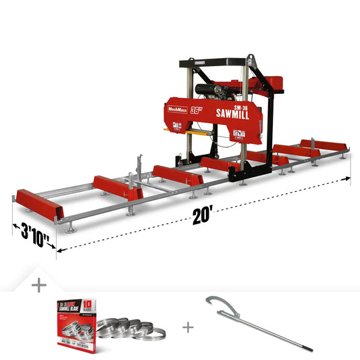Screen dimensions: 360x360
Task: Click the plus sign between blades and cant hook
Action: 187,328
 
